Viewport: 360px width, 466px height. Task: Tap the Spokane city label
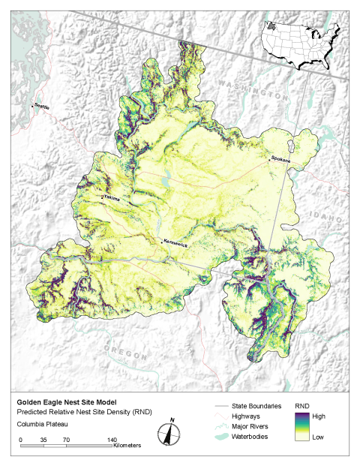(x=280, y=159)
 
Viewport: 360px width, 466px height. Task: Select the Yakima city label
(x=112, y=198)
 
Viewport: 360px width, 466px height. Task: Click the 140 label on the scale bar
(x=110, y=439)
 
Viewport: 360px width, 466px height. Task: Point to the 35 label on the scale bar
(x=43, y=439)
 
